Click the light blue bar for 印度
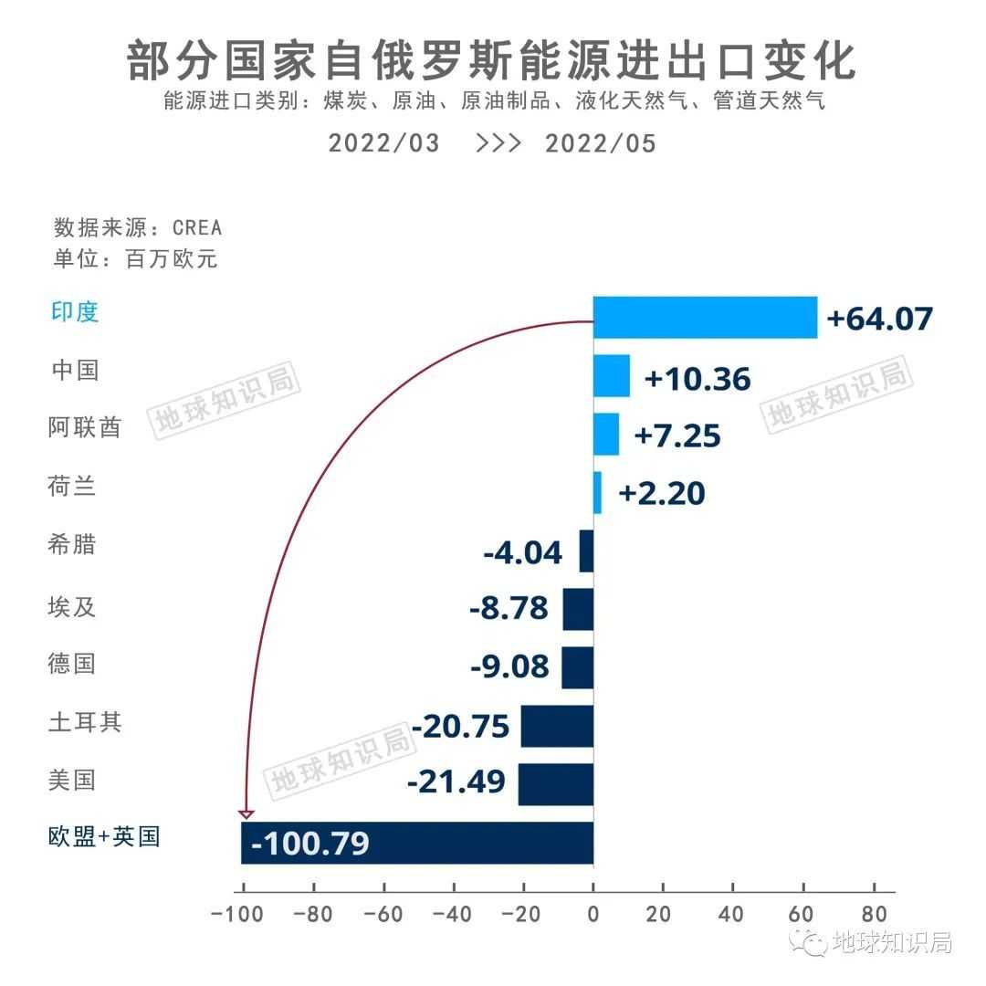(705, 317)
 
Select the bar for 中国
(611, 375)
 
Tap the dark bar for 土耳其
(557, 726)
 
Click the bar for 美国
(555, 784)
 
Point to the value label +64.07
(879, 319)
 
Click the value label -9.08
(509, 666)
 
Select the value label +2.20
(662, 493)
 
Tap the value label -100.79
(310, 843)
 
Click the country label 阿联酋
(84, 427)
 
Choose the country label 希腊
(72, 545)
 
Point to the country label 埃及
(72, 606)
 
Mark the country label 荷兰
(72, 487)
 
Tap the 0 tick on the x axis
(593, 915)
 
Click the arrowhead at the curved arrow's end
(246, 813)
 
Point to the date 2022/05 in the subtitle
(600, 143)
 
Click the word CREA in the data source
(197, 227)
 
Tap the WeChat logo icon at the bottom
(810, 940)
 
